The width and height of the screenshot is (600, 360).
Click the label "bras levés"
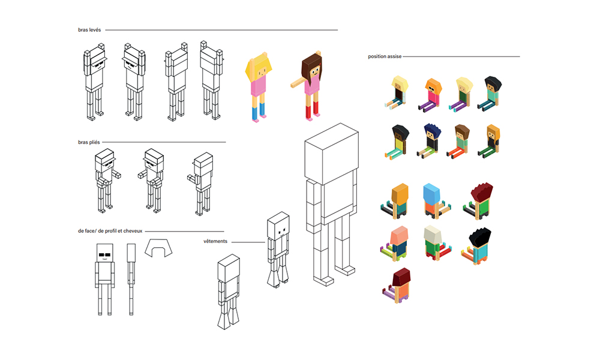(x=89, y=30)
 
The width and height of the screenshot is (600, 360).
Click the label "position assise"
(x=385, y=56)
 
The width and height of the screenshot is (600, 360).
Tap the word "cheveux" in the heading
(x=133, y=231)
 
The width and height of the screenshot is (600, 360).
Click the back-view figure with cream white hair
(x=433, y=243)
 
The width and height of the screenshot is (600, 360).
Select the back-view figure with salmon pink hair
(x=397, y=243)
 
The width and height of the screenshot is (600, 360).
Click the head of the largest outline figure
(x=331, y=156)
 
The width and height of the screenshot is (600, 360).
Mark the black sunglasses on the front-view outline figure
(x=104, y=255)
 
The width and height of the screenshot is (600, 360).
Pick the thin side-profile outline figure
(x=131, y=279)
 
